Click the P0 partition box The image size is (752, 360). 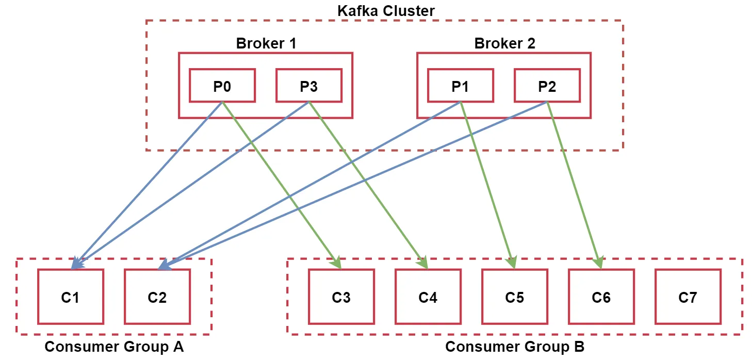(x=222, y=86)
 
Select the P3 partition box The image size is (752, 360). (x=309, y=86)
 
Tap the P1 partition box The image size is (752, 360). (x=460, y=86)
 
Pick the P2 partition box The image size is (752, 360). (x=547, y=86)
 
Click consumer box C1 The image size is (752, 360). (x=70, y=297)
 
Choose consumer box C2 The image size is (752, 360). (x=157, y=297)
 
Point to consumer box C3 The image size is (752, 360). (x=341, y=297)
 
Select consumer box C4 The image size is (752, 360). (x=428, y=297)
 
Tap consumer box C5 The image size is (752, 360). (x=514, y=297)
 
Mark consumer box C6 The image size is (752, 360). (x=601, y=297)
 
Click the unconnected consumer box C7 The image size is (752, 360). (x=688, y=297)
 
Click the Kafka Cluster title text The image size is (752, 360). (x=386, y=10)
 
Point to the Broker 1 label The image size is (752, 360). (x=266, y=43)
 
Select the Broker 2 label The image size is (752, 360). (x=504, y=43)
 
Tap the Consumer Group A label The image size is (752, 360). (x=114, y=347)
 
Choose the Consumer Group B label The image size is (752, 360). (x=515, y=347)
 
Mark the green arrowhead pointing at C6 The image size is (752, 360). (x=599, y=263)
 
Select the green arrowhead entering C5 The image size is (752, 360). (x=512, y=263)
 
